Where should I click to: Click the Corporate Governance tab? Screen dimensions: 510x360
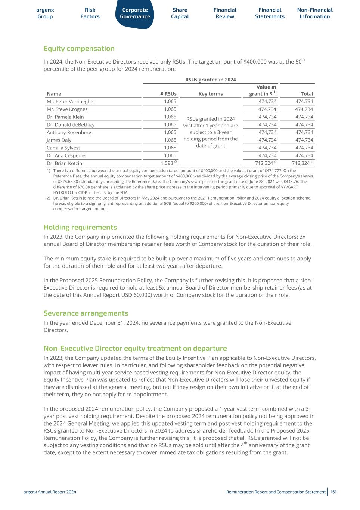(135, 13)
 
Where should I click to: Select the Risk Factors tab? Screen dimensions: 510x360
(90, 13)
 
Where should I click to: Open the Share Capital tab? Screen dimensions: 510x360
(180, 13)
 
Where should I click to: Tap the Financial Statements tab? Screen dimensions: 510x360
(270, 13)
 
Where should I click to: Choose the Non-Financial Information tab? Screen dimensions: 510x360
(314, 13)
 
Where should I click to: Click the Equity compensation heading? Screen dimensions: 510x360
(79, 49)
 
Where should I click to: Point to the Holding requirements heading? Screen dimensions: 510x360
(80, 227)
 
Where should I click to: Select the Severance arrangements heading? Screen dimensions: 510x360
(86, 313)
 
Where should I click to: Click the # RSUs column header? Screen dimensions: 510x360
(170, 94)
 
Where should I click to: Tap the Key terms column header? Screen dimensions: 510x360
(211, 94)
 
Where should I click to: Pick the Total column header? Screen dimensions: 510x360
(307, 94)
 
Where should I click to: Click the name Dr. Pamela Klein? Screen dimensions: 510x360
(65, 117)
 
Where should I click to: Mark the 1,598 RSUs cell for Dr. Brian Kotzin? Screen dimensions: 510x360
(167, 163)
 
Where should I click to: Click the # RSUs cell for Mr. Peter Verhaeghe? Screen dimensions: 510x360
(170, 101)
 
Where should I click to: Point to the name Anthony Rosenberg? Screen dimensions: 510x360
(69, 132)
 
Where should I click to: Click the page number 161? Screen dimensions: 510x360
(333, 492)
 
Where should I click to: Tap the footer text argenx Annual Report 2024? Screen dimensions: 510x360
(50, 492)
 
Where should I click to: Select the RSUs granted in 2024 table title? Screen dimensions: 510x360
(211, 80)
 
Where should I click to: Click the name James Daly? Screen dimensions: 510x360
(59, 140)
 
